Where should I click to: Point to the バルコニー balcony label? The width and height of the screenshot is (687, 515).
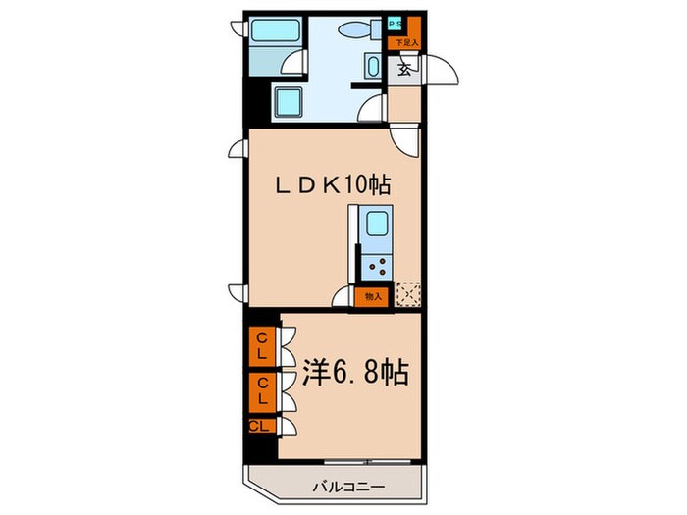pos(349,486)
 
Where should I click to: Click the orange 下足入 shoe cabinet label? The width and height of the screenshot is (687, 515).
pos(406,42)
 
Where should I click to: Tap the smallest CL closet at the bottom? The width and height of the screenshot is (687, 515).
pos(260,426)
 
